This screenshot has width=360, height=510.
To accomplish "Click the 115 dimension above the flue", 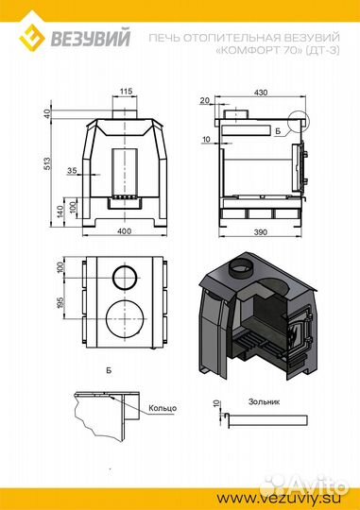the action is click(126, 91).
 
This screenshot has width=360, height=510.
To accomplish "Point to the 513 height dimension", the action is click(47, 163).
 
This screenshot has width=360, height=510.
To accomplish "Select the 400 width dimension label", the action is click(124, 231).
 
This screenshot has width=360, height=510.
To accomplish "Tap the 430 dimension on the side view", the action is click(261, 93).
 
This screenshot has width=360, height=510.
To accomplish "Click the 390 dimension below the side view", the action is click(261, 232).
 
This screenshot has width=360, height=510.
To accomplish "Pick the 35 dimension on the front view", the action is click(72, 170).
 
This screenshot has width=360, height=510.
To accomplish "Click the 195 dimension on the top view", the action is click(60, 302).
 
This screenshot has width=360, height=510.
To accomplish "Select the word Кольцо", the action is click(163, 408).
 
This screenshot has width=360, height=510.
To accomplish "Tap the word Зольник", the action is click(264, 401).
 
